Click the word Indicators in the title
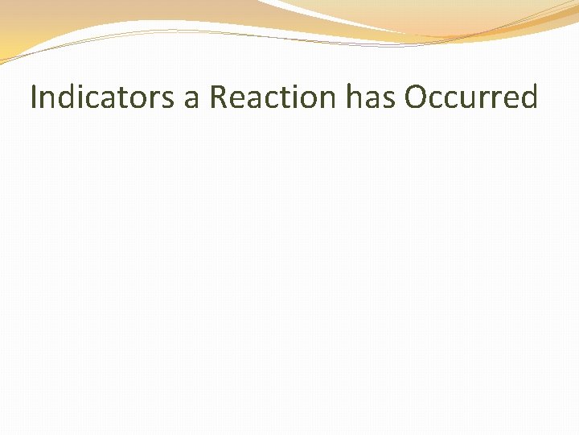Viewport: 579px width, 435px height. pos(102,97)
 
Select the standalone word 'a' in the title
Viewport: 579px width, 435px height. pos(192,99)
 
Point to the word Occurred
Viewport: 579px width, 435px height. pos(470,97)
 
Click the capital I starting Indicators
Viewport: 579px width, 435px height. pos(34,97)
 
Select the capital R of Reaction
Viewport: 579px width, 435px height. pos(217,97)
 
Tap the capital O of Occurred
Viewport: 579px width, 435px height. pos(417,97)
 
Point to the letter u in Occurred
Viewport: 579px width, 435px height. pos(473,99)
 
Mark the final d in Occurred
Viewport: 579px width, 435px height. pos(528,97)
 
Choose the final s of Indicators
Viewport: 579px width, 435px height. pos(170,99)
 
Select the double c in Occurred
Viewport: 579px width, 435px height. pos(448,99)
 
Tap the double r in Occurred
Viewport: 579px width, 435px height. pos(495,99)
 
